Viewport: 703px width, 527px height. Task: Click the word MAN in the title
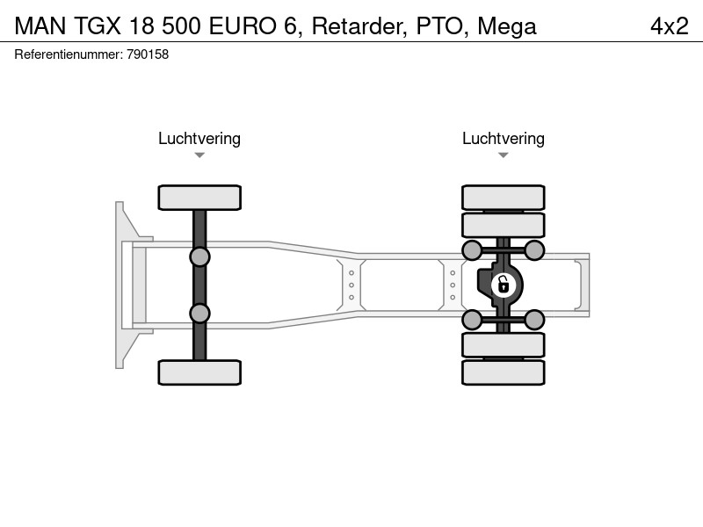(40, 26)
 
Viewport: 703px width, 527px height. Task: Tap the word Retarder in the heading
(359, 26)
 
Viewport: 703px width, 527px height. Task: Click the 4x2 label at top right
(670, 26)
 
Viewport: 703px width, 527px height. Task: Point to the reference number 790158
(148, 54)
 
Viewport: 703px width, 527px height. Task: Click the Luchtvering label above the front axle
(199, 139)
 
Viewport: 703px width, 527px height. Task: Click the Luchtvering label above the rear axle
(504, 139)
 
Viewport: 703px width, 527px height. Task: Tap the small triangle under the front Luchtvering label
(199, 155)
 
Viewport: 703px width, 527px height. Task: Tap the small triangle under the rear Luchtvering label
(504, 155)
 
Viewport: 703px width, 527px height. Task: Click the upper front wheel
(199, 198)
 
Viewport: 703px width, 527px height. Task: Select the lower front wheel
(199, 372)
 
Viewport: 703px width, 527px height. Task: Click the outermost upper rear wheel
(504, 198)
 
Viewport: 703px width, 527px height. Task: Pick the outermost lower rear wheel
(504, 372)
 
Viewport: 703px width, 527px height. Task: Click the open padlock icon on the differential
(503, 285)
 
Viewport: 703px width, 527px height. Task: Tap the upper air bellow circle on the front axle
(199, 257)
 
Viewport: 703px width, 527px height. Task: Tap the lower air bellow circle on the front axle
(199, 314)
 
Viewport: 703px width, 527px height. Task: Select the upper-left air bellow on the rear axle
(472, 250)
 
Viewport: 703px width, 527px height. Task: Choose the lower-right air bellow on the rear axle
(534, 320)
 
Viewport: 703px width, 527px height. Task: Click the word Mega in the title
(507, 27)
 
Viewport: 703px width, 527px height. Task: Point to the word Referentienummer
(69, 54)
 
